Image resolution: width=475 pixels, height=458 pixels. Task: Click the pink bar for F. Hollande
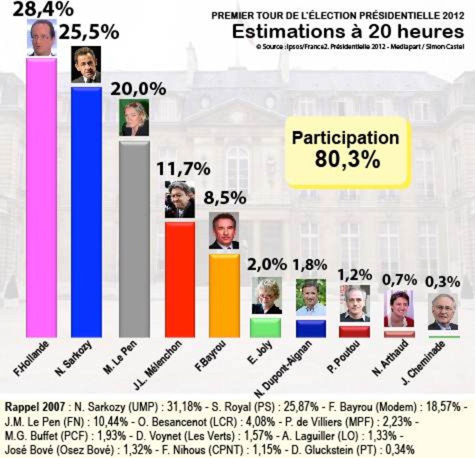[x=41, y=198]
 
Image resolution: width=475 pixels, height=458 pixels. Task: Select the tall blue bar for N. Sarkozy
[x=86, y=212]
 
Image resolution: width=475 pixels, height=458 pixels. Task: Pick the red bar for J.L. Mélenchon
[x=179, y=279]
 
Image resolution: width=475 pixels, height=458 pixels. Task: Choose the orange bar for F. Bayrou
[x=224, y=295]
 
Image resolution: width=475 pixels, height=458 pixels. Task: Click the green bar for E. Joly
[x=265, y=327]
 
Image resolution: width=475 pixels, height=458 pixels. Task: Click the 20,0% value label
[x=138, y=89]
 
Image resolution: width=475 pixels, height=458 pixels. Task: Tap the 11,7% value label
[x=183, y=169]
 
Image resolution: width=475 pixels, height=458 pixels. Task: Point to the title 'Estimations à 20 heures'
[x=348, y=32]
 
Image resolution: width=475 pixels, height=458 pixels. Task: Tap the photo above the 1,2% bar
[x=354, y=303]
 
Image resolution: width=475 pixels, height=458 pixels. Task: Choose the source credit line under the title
[x=360, y=46]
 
